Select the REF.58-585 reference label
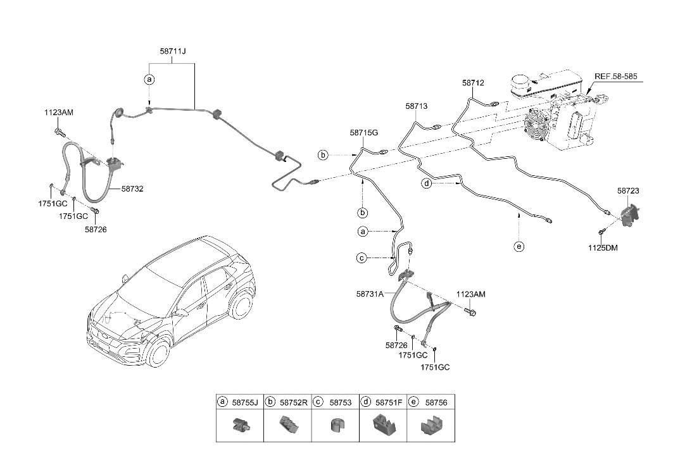tap(620, 77)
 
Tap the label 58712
tap(473, 83)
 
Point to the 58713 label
tap(416, 107)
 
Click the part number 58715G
tap(363, 133)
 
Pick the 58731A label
tap(370, 294)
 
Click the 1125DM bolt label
tap(602, 247)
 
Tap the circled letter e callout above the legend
tap(519, 247)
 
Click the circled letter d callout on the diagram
tap(427, 183)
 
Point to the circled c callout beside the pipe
tap(362, 258)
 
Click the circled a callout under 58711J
tap(149, 80)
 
